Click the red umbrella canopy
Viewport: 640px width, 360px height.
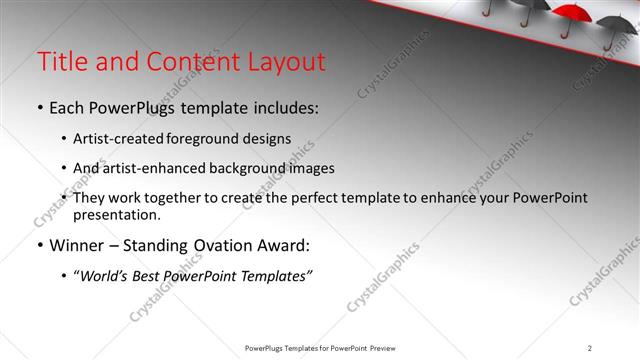573,13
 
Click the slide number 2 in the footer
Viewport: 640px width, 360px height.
590,348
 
